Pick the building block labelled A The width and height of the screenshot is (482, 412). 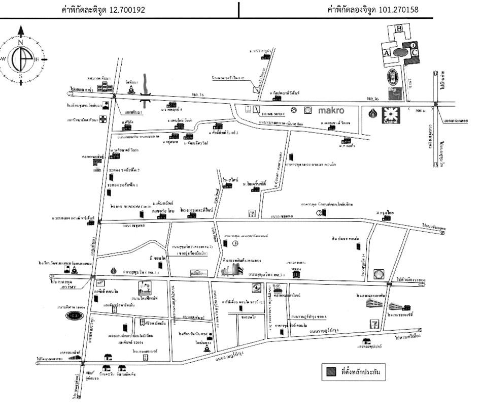tap(386, 53)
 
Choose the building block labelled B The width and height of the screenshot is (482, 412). tap(399, 28)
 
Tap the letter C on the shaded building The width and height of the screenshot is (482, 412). tap(415, 52)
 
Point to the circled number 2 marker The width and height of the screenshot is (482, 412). tap(320, 213)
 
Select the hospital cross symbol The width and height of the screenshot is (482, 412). tap(104, 120)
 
